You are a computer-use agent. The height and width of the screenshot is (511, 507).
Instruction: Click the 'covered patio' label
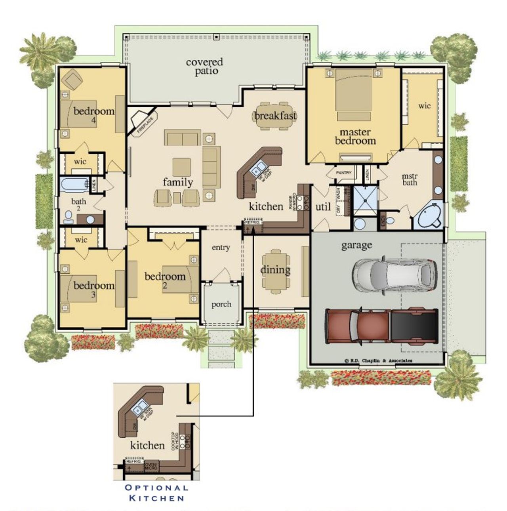[204, 67]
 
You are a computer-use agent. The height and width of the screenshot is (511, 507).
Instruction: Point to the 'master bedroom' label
[355, 136]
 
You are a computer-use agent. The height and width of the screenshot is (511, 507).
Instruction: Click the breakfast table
[275, 116]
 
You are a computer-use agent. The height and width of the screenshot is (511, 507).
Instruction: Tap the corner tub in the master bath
[429, 217]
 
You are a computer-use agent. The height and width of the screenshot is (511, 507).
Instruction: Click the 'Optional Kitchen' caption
[157, 493]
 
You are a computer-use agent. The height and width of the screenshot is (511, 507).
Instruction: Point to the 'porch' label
[221, 304]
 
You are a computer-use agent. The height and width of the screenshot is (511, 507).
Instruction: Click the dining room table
[275, 271]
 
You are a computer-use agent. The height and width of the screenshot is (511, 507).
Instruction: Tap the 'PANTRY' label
[343, 173]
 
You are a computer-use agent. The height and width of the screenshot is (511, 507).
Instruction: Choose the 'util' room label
[323, 206]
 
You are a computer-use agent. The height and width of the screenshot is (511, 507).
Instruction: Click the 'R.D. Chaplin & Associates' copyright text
[378, 361]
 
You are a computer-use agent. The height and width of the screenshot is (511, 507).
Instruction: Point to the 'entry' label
[221, 248]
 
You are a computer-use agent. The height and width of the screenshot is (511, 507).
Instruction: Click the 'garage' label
[356, 245]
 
